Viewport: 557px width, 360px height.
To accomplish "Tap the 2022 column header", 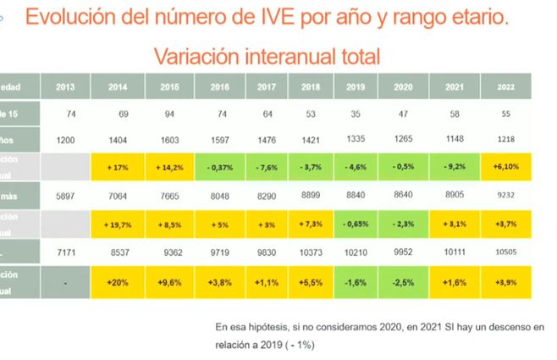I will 506,87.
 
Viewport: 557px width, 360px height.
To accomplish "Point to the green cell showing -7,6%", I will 265,168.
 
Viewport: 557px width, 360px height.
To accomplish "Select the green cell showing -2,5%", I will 404,281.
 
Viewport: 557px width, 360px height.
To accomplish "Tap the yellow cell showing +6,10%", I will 506,168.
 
